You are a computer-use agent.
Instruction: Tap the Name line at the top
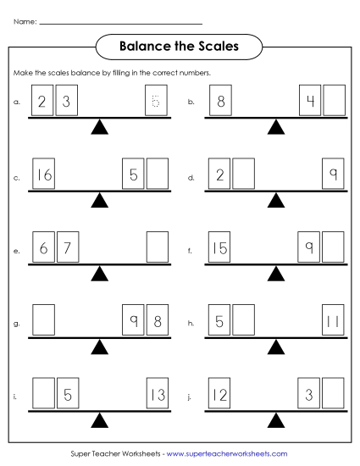click(x=121, y=23)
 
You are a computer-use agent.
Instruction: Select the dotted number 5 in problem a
click(x=156, y=102)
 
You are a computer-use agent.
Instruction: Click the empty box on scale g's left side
click(x=44, y=321)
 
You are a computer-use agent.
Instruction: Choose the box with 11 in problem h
click(x=334, y=321)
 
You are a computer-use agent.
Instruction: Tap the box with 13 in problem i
click(x=157, y=394)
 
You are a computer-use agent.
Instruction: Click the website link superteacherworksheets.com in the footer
click(x=227, y=454)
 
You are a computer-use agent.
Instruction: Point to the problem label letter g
click(x=17, y=324)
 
